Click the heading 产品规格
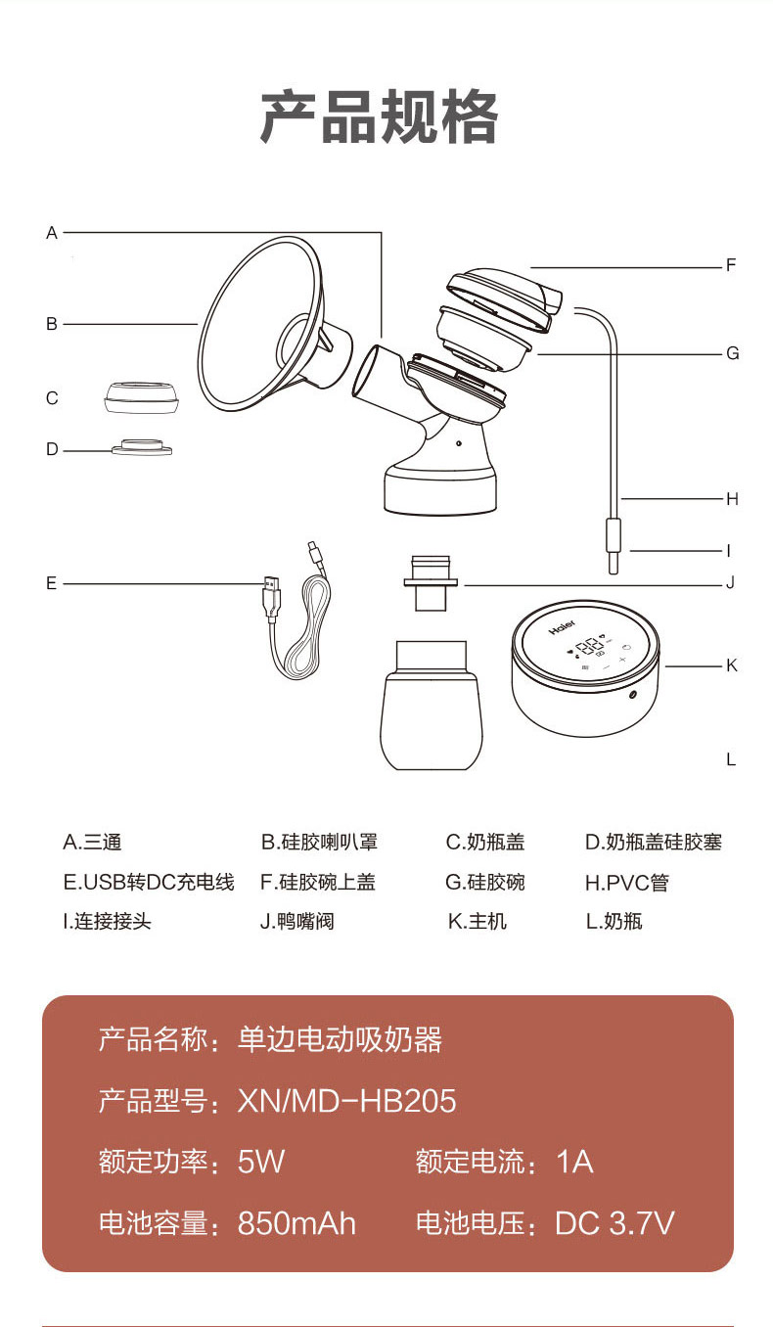[379, 116]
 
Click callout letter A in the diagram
[52, 233]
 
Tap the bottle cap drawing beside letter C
[141, 397]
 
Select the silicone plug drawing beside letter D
[142, 448]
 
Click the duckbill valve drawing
[431, 583]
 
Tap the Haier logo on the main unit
[562, 627]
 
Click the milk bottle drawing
[431, 705]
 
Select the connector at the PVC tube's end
[614, 546]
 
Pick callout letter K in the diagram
[732, 665]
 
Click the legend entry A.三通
[92, 842]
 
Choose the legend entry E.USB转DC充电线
[149, 882]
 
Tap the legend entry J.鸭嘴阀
[297, 921]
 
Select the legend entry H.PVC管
[626, 883]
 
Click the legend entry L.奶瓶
[614, 921]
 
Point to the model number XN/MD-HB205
[347, 1101]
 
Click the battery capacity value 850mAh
[296, 1223]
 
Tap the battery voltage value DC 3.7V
[614, 1223]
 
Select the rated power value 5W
[261, 1162]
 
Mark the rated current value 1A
[574, 1162]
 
